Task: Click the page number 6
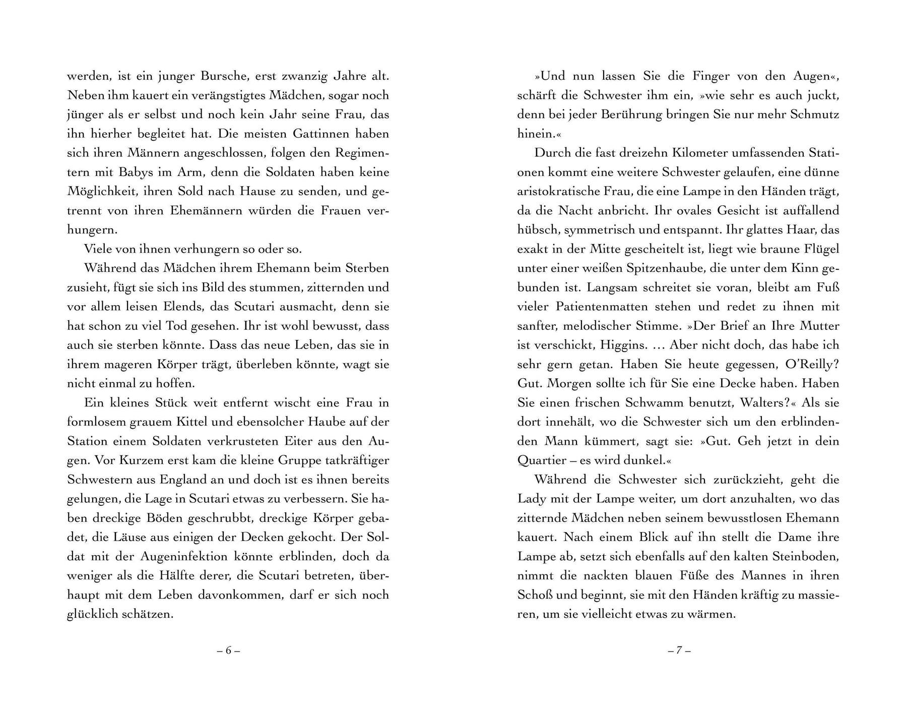click(228, 651)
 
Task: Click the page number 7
click(679, 651)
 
